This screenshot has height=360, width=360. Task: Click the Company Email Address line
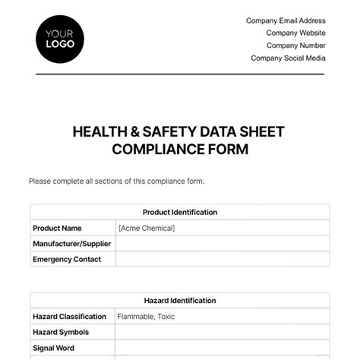286,21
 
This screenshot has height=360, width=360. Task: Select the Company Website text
295,33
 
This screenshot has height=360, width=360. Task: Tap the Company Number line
295,46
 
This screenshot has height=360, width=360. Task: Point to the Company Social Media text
288,58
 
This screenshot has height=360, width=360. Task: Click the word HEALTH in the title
99,132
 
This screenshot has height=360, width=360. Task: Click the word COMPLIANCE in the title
156,149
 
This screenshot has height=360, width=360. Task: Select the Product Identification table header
180,213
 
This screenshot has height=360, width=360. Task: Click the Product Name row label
57,228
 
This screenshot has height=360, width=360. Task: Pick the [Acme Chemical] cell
147,228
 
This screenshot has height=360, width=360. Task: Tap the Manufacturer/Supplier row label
72,244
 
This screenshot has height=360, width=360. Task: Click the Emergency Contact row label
68,260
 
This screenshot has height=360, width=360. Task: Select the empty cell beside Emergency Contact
222,260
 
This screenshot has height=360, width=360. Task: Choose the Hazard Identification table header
180,301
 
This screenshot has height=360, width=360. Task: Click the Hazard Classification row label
69,317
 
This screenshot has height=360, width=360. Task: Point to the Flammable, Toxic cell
144,317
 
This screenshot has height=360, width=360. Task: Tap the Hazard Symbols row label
61,333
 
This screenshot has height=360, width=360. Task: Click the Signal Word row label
53,349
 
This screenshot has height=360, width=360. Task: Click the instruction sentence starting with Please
116,182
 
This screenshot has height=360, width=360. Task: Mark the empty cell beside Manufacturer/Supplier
222,244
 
